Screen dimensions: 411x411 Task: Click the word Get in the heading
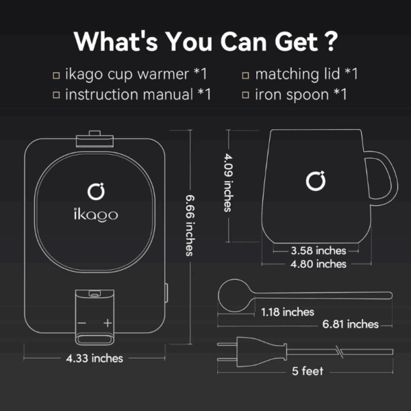coord(296,42)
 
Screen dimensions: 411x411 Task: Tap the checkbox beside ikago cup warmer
coord(56,75)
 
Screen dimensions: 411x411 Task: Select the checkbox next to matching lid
coord(245,75)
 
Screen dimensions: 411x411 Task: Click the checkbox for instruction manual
coord(56,95)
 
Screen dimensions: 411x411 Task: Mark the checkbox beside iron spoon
coord(245,95)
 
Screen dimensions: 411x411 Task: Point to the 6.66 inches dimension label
coord(190,225)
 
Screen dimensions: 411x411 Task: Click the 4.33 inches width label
coord(95,358)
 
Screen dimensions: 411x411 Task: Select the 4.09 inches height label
coord(228,183)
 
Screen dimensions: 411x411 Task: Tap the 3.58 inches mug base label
coord(319,251)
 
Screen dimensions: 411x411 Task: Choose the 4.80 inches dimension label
coord(319,264)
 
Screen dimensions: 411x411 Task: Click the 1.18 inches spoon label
coord(288,312)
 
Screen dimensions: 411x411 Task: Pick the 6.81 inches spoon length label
coord(351,324)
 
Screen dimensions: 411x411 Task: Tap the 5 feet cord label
coord(308,371)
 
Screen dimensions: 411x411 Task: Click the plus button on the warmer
coord(108,323)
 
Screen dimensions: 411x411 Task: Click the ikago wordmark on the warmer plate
coord(96,215)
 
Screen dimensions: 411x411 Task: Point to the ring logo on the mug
coord(316,181)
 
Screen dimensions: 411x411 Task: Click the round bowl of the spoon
coord(234,295)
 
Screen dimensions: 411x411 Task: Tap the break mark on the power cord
coord(339,351)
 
